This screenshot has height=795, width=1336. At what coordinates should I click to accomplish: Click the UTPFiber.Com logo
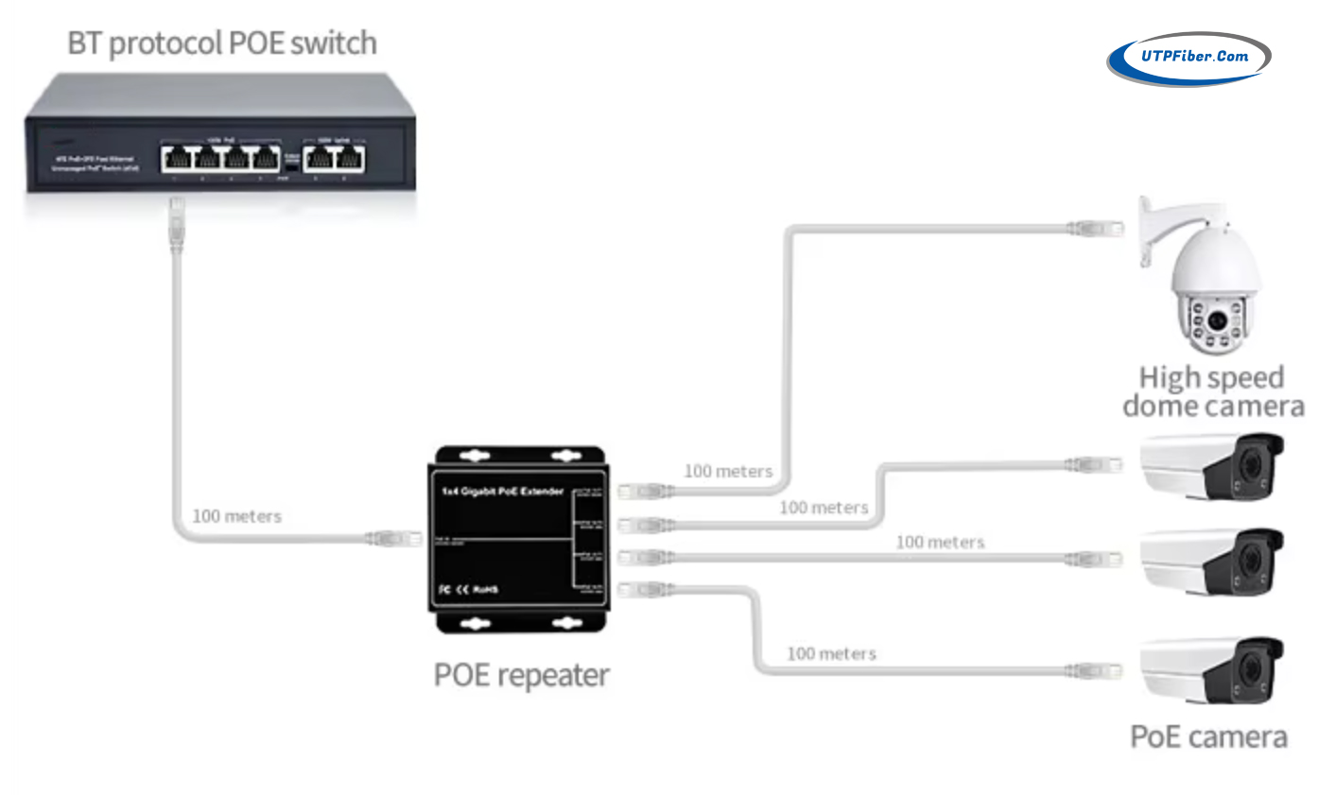(x=1189, y=58)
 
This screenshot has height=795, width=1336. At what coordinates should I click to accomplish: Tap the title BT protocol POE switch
(x=222, y=43)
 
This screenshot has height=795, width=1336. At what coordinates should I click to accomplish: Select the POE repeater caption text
(x=521, y=675)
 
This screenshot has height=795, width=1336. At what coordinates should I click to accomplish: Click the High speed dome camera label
(x=1212, y=391)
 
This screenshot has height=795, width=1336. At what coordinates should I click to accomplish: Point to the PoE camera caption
(x=1208, y=736)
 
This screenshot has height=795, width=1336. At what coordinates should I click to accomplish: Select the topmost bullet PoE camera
(x=1213, y=465)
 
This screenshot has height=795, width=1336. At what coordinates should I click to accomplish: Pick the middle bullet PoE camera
(x=1213, y=562)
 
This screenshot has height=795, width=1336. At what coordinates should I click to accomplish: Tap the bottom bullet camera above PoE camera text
(x=1213, y=669)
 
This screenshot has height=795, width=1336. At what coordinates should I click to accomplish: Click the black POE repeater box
(x=519, y=540)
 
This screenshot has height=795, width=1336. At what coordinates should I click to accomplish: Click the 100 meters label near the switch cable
(x=236, y=516)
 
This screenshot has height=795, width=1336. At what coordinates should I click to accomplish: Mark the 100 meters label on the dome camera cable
(x=728, y=471)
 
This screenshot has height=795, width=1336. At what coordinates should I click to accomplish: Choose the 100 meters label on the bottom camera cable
(x=831, y=653)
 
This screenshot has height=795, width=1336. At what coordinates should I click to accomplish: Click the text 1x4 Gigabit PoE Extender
(x=502, y=492)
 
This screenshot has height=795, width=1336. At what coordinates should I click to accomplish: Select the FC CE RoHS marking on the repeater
(x=468, y=590)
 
